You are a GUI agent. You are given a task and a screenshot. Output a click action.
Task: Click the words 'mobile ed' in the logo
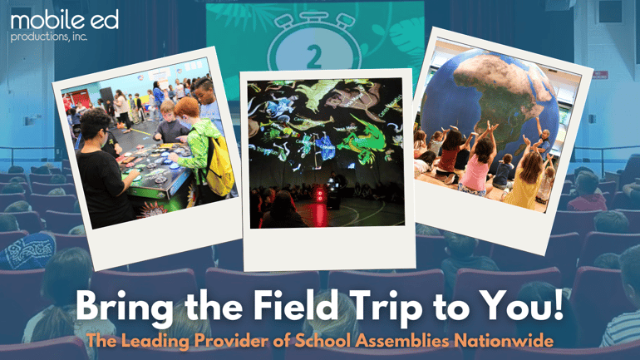tap(53, 17)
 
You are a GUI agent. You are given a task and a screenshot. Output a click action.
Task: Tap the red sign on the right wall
tap(600, 75)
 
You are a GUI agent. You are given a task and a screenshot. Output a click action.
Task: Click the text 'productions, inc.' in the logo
tap(49, 36)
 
